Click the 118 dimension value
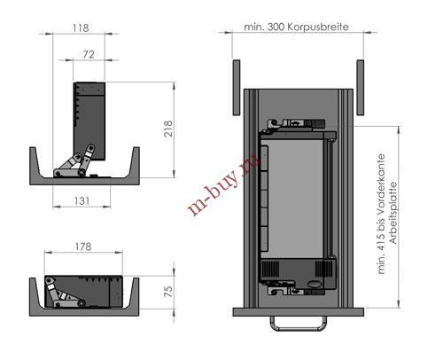pos(81,28)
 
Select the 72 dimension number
pos(89,54)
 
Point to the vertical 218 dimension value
pos(168,129)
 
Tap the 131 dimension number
pos(82,201)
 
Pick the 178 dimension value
pos(83,247)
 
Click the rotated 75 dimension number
pos(168,292)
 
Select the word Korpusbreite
pos(318,27)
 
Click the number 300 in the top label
pos(276,27)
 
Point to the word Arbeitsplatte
pos(393,213)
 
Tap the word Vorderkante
pos(381,183)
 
